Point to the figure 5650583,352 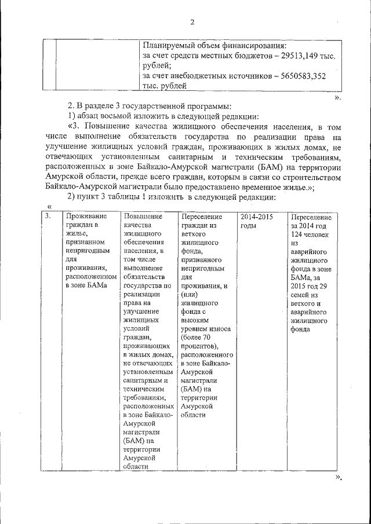click(301, 75)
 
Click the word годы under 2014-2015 click(248, 225)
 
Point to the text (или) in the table click(190, 295)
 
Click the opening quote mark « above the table click(50, 207)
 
